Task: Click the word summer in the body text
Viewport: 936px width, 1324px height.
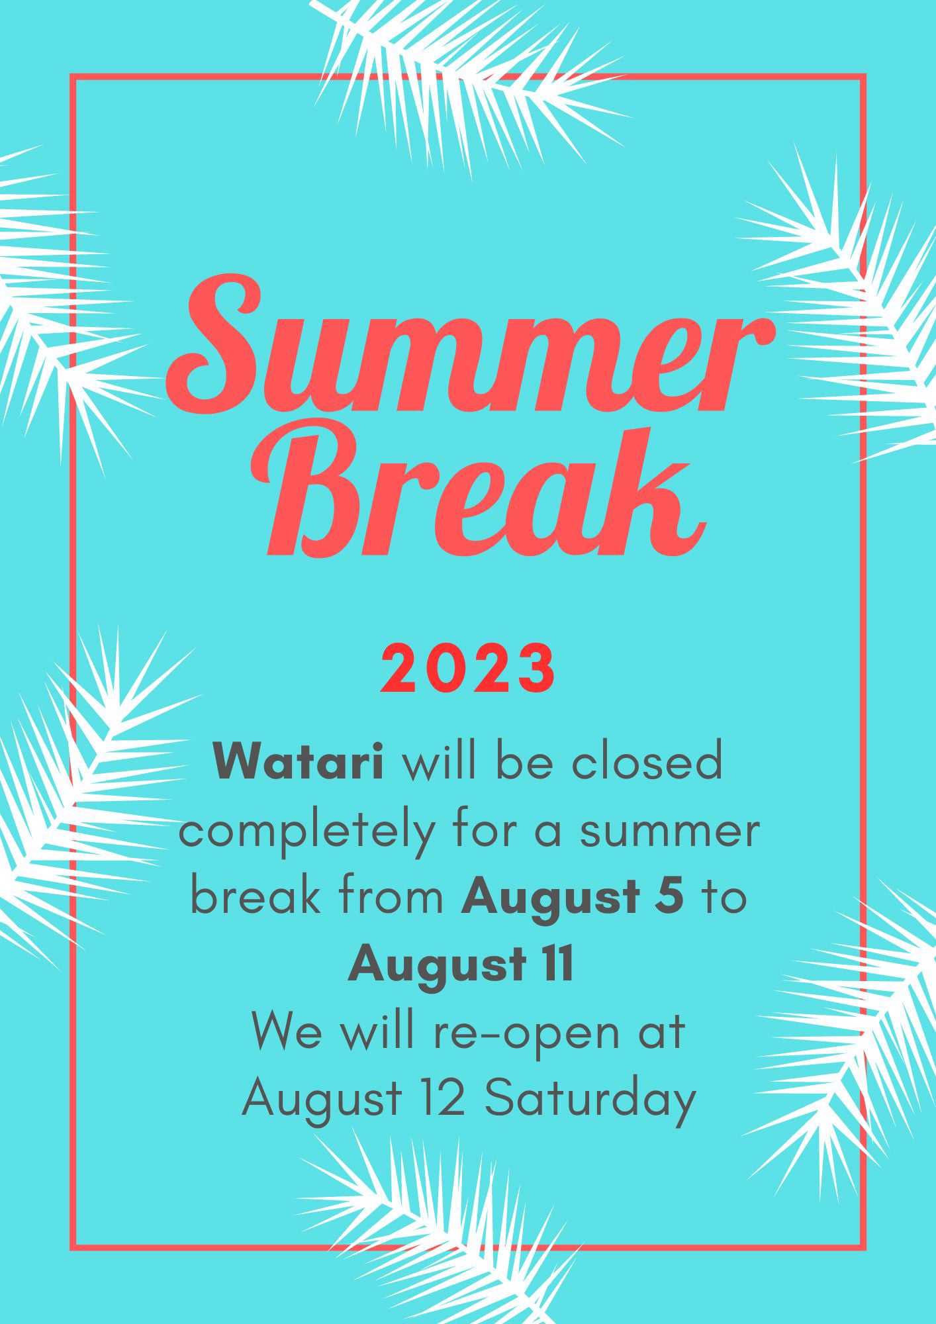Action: click(669, 834)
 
